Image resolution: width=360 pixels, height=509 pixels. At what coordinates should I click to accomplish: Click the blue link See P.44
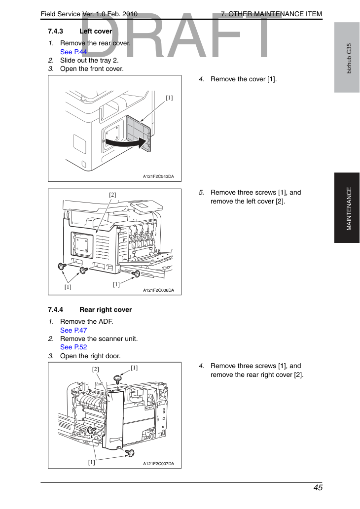coord(73,52)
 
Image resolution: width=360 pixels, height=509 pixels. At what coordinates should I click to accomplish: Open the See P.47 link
coord(73,330)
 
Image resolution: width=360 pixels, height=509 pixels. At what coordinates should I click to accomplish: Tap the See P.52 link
coord(73,347)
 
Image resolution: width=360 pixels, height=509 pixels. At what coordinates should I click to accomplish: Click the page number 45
coord(318,488)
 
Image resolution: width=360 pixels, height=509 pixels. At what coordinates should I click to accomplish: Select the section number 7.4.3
coord(55,31)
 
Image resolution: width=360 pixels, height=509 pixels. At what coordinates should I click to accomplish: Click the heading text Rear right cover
coord(106,309)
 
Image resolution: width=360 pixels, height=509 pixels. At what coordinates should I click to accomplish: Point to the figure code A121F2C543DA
coord(159,176)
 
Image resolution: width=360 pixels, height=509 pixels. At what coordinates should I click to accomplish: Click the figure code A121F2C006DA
coord(159,290)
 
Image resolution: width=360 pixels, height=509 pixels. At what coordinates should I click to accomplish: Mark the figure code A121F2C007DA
coord(159,464)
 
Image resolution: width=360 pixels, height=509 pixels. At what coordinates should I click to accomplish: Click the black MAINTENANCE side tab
coord(347,208)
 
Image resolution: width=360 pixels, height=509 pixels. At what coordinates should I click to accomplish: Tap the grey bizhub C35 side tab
coord(347,58)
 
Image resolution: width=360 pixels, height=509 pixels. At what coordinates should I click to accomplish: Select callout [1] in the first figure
coord(169,98)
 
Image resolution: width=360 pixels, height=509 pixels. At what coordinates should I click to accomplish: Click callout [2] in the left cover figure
coord(112,195)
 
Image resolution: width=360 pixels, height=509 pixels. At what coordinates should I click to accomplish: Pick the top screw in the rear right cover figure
coord(117,379)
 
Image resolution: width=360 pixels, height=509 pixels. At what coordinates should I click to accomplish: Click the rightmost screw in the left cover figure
coord(136,274)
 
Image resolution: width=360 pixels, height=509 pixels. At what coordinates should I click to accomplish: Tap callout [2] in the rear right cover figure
coord(96,370)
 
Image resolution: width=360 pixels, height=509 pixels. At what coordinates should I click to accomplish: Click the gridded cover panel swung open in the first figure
coord(139,134)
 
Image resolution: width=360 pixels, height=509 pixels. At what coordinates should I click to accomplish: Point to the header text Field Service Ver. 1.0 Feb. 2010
coord(89,14)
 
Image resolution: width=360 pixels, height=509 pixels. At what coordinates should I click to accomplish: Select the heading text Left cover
coord(96,31)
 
